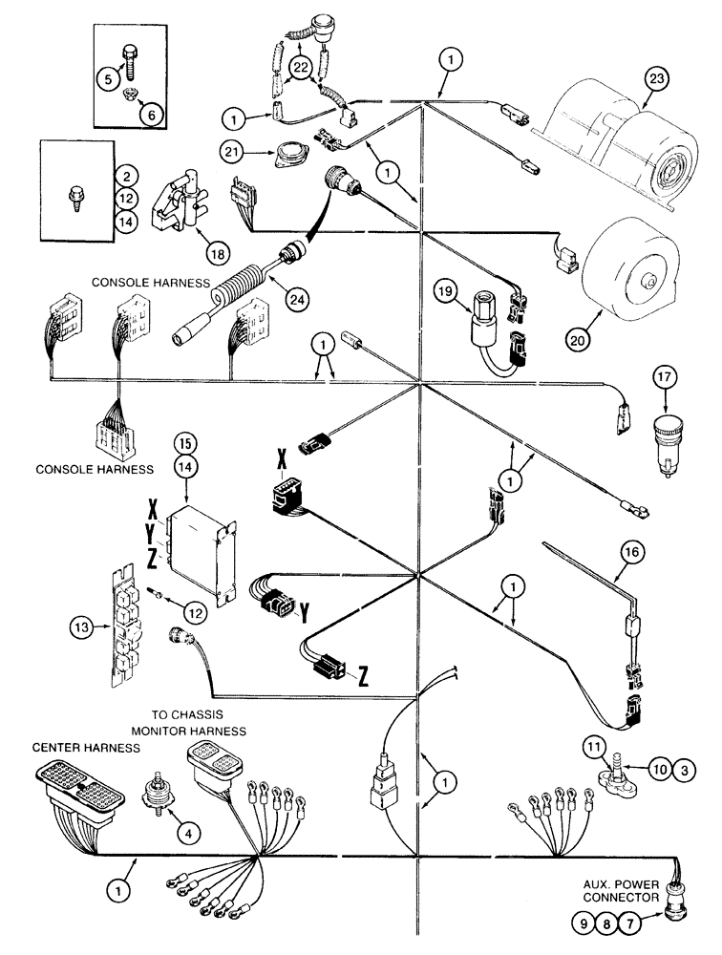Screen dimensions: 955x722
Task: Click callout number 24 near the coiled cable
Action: (296, 298)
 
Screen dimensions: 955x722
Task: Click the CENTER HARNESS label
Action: (74, 745)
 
